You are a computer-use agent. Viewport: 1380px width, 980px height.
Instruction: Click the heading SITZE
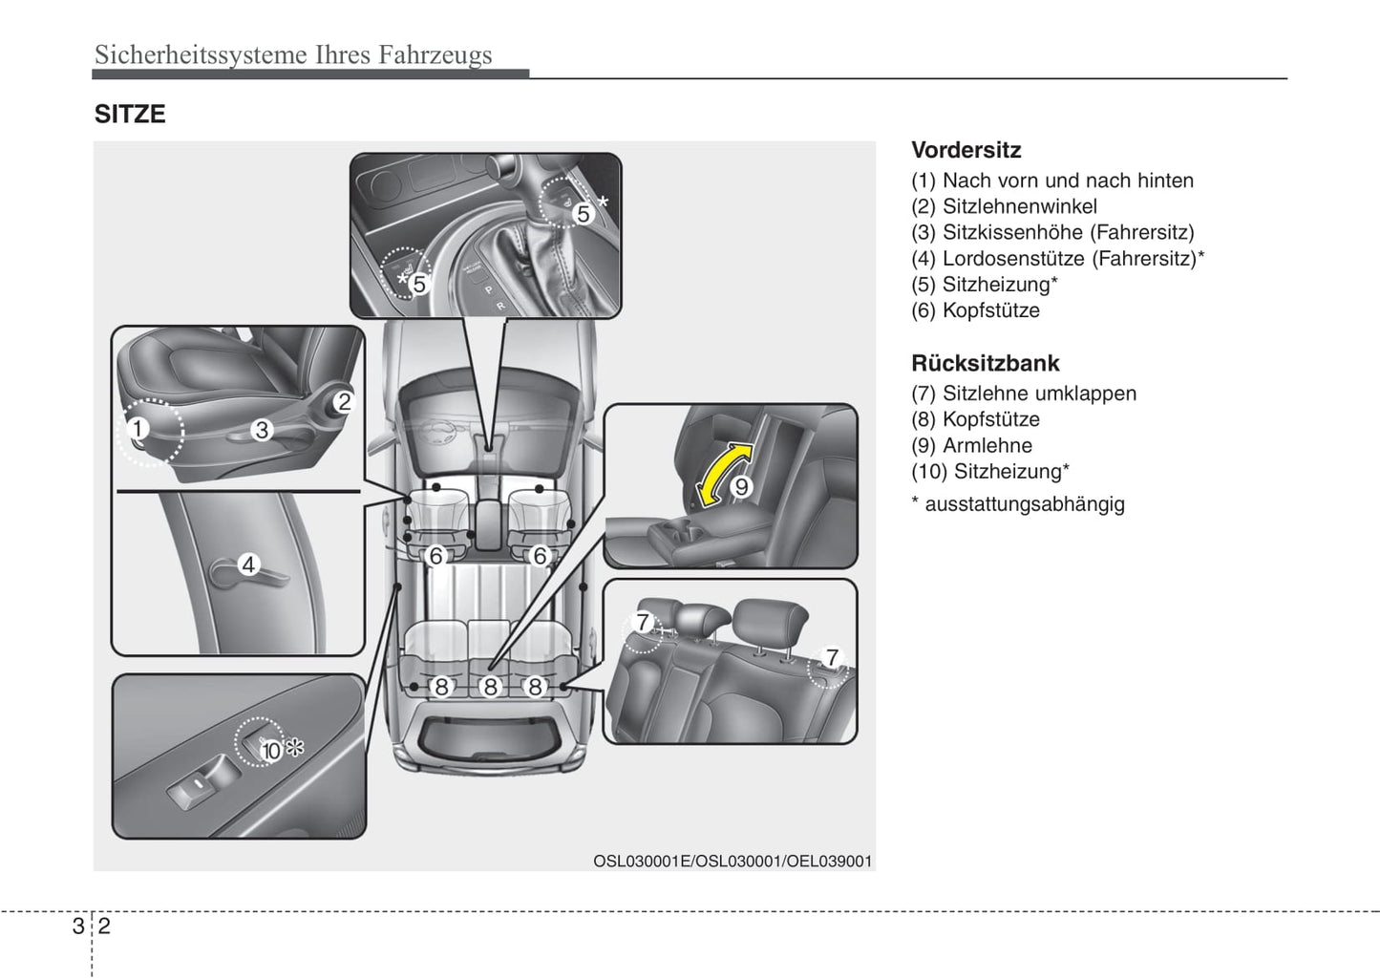click(x=130, y=115)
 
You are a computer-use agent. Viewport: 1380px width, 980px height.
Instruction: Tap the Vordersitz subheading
click(x=966, y=150)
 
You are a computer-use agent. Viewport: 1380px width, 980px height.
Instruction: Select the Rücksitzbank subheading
click(x=985, y=363)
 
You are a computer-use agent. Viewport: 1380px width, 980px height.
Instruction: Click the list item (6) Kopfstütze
click(x=975, y=310)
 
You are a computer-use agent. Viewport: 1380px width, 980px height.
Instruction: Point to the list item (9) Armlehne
click(x=971, y=445)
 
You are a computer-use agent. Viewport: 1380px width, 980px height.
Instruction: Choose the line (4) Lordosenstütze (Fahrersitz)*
click(x=1057, y=259)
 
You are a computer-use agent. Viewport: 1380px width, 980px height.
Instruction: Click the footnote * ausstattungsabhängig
click(x=1018, y=504)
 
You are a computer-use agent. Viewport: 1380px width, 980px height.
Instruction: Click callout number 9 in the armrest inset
click(x=741, y=487)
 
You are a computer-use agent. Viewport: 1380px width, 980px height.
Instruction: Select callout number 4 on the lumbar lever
click(x=248, y=565)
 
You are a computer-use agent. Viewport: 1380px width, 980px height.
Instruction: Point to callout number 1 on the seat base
click(x=138, y=429)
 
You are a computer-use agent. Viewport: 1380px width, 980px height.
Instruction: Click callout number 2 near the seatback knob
click(x=344, y=402)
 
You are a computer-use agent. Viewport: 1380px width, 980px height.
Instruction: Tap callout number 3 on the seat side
click(x=261, y=431)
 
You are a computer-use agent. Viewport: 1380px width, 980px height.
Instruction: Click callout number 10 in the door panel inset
click(x=272, y=751)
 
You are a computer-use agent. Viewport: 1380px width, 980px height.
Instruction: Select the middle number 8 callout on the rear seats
click(x=490, y=687)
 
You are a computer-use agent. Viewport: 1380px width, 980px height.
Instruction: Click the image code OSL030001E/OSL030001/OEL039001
click(x=732, y=861)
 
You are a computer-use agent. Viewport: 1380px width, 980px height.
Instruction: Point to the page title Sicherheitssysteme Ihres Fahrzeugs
click(x=293, y=54)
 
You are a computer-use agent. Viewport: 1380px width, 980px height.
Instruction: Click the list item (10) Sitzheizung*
click(x=989, y=471)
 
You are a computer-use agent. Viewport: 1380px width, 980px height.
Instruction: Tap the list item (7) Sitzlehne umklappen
click(x=1023, y=394)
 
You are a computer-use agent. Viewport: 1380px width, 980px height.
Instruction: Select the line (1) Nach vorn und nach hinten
click(x=1051, y=181)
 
